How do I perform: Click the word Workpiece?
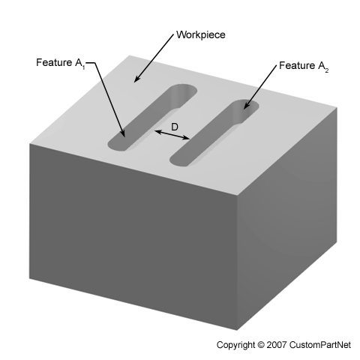coord(201,34)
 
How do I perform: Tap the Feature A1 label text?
coord(61,63)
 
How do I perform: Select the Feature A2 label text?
coord(304,66)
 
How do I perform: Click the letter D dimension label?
coord(175,127)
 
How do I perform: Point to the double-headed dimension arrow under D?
coord(172,135)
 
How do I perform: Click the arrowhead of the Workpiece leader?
coord(136,79)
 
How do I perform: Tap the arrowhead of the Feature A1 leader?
coord(123,133)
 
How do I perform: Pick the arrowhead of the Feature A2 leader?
coord(246,106)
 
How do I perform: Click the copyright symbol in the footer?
coord(260,345)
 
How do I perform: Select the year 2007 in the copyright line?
coord(277,345)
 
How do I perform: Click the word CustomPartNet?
coord(320,345)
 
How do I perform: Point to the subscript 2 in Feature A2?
coord(327,70)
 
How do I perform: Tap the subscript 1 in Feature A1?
coord(84,67)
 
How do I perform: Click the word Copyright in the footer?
coord(235,345)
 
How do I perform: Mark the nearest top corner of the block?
coord(237,195)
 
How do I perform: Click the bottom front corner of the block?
coord(237,330)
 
